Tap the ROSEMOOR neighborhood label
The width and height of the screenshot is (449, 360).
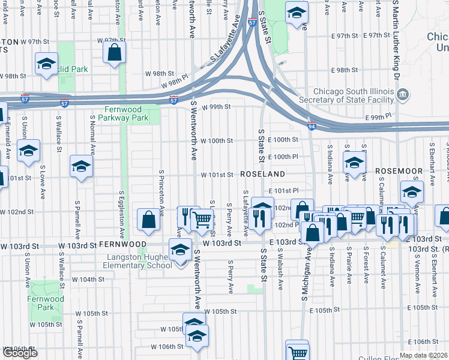click(399, 172)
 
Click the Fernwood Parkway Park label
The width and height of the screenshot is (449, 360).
click(126, 114)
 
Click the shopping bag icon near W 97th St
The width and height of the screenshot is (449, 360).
click(114, 53)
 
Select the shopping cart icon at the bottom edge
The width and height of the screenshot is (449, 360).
click(297, 352)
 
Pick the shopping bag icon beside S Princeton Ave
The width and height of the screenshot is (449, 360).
click(148, 220)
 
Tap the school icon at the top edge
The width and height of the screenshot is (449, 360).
click(296, 13)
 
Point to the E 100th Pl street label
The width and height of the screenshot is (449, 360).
click(286, 157)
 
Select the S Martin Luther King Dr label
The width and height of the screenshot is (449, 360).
click(396, 42)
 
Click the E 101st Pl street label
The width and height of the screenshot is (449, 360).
click(285, 191)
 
